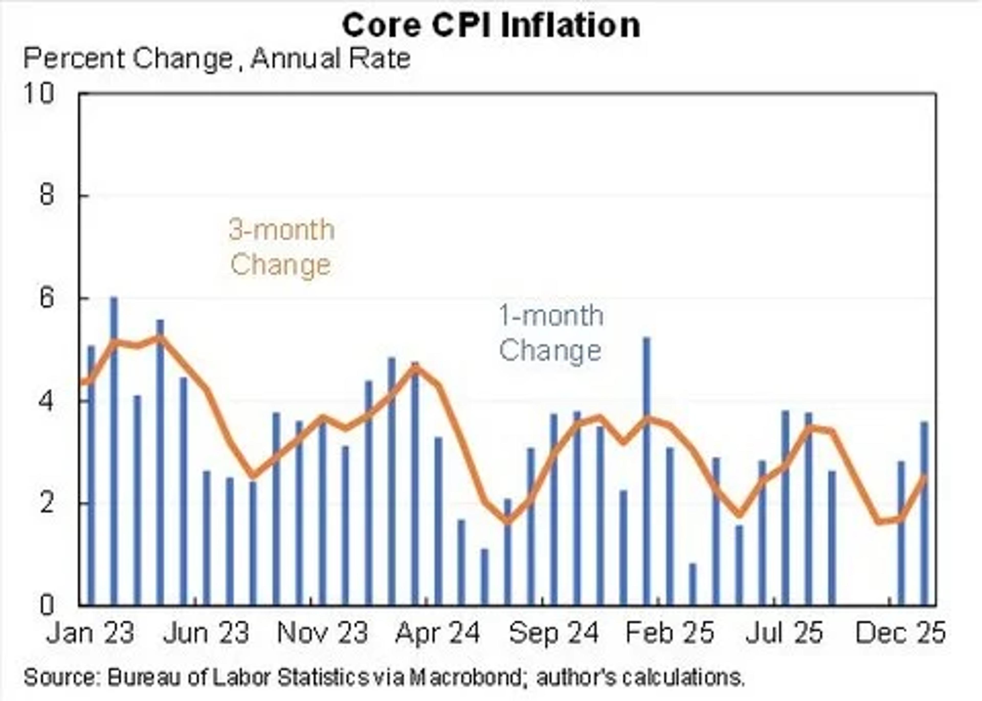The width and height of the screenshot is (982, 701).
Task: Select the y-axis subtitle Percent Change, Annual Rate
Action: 217,59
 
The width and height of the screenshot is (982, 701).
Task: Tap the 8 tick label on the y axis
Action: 47,196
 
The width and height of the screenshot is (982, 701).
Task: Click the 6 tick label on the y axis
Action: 47,298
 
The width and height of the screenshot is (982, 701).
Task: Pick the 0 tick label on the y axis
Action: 47,605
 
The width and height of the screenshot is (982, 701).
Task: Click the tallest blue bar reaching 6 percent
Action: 114,453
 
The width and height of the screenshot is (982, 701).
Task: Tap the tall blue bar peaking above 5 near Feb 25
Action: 646,475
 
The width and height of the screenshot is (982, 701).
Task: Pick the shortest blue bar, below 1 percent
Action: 693,585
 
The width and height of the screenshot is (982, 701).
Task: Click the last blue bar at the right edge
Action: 924,518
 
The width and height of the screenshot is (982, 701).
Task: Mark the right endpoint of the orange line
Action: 925,476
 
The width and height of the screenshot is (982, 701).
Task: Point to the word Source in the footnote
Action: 60,677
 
